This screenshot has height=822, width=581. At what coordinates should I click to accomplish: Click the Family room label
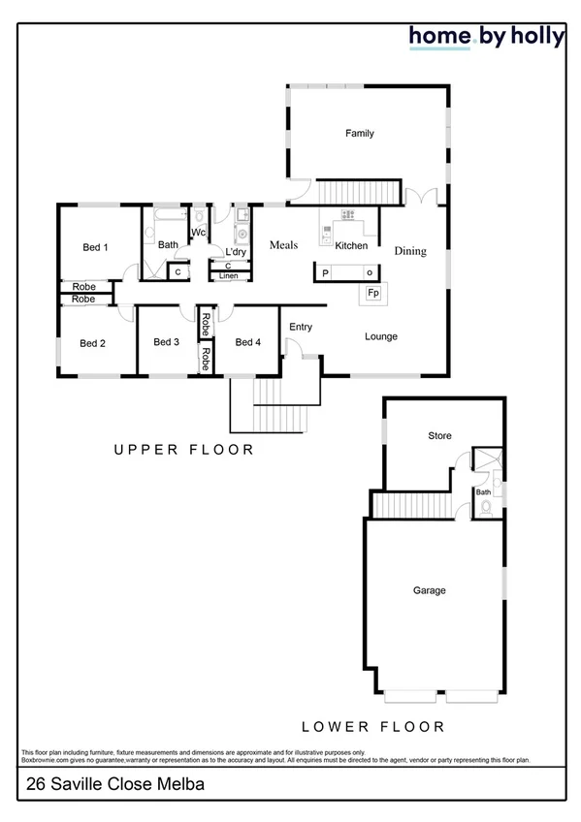(360, 134)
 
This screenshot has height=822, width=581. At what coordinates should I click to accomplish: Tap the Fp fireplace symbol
(372, 293)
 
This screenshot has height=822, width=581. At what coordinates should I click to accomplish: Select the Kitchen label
(351, 246)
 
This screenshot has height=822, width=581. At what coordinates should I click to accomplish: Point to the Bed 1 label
(95, 247)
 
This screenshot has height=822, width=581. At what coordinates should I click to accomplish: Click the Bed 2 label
(92, 343)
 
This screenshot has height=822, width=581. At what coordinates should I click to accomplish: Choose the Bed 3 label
(167, 342)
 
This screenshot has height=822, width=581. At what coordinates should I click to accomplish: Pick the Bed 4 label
(248, 342)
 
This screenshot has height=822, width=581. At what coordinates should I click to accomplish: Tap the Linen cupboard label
(228, 276)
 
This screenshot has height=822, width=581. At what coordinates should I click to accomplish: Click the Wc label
(198, 233)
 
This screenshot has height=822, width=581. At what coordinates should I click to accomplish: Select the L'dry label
(237, 252)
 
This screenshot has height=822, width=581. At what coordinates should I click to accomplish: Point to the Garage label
(429, 590)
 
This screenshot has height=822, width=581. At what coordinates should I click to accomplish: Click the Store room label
(439, 436)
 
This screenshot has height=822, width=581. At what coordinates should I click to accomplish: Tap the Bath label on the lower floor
(483, 492)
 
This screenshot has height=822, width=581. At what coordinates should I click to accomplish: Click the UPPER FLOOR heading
(183, 450)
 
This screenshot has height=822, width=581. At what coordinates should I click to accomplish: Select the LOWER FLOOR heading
(373, 726)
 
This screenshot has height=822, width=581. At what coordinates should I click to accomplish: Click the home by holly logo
(486, 37)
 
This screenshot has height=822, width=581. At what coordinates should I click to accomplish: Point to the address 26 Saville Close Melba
(103, 782)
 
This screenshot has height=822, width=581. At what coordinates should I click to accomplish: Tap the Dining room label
(410, 251)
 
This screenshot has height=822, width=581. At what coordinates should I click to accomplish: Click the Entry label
(301, 328)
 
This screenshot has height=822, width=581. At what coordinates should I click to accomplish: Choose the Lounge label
(381, 336)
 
